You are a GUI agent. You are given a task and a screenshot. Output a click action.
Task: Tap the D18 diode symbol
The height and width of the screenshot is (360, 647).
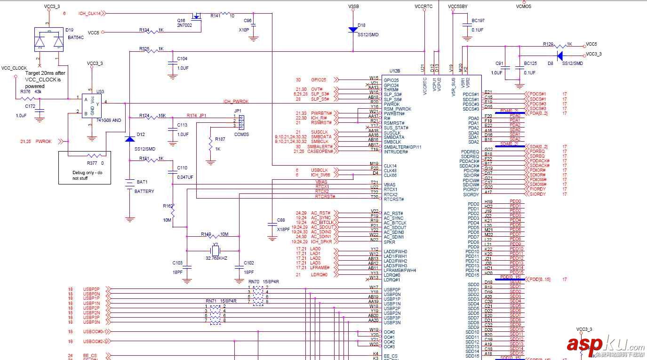[x=353, y=29]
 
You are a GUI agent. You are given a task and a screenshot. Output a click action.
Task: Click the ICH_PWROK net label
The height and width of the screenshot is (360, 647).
[x=236, y=101]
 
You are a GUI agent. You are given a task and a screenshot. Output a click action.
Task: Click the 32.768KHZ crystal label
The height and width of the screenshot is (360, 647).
[x=216, y=258]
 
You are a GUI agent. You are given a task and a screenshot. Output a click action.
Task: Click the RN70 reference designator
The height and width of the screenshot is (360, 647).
[x=253, y=281]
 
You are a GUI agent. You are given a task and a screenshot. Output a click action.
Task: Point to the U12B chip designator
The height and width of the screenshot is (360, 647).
[x=395, y=71]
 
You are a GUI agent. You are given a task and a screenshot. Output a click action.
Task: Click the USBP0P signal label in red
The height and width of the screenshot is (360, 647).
[x=91, y=289]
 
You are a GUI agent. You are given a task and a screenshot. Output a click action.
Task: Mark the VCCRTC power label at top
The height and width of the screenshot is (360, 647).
[x=424, y=7]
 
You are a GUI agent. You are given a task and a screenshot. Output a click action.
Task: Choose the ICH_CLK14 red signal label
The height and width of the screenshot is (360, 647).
[x=89, y=14]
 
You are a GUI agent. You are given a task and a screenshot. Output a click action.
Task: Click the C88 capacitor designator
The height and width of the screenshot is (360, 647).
[x=281, y=220]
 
